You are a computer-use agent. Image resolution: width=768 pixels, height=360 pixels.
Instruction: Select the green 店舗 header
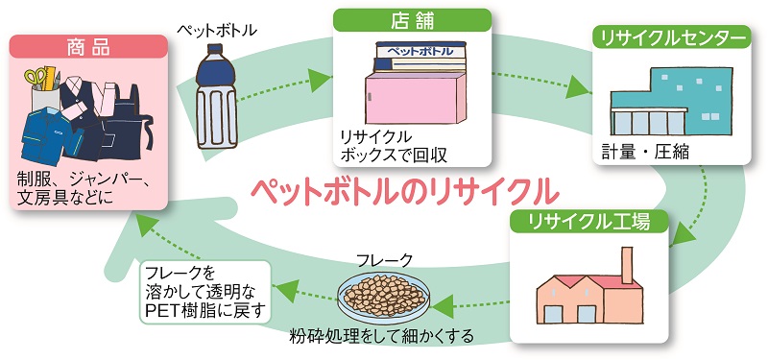pyautogui.click(x=411, y=20)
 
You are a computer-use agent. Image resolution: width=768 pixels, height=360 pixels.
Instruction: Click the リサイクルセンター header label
pyautogui.click(x=671, y=38)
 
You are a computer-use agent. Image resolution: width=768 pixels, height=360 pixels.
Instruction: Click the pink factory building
pyautogui.click(x=586, y=294)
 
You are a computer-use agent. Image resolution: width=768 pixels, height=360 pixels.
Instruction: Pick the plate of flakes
pyautogui.click(x=384, y=298)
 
